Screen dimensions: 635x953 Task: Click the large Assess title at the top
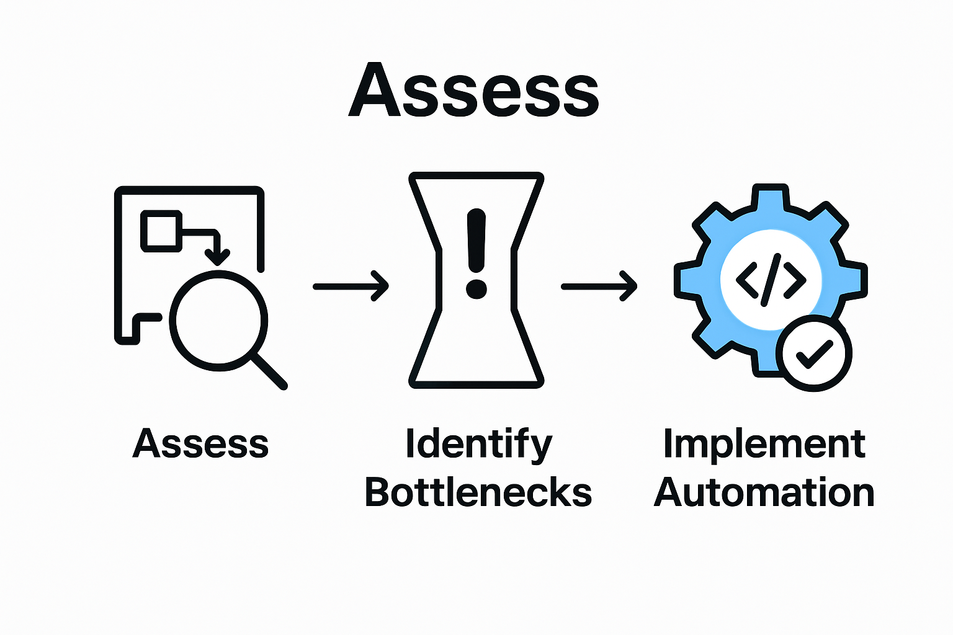[x=474, y=90]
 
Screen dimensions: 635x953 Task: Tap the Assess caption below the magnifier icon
[x=200, y=444]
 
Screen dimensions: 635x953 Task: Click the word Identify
[x=478, y=444]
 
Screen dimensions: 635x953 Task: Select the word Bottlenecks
[x=478, y=492]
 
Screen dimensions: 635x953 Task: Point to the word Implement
[x=764, y=444]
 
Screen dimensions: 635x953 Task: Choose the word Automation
[x=764, y=492]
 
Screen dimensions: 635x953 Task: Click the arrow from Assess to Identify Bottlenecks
[x=351, y=286]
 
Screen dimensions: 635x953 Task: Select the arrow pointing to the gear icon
[x=599, y=286]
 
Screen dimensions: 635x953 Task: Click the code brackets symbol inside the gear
[x=771, y=280]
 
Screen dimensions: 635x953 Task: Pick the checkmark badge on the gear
[x=814, y=353]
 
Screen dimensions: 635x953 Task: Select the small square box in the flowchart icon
[x=161, y=231]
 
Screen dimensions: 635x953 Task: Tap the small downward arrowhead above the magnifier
[x=217, y=256]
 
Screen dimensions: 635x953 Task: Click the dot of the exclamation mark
[x=476, y=288]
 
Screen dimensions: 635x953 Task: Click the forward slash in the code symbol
[x=771, y=280]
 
